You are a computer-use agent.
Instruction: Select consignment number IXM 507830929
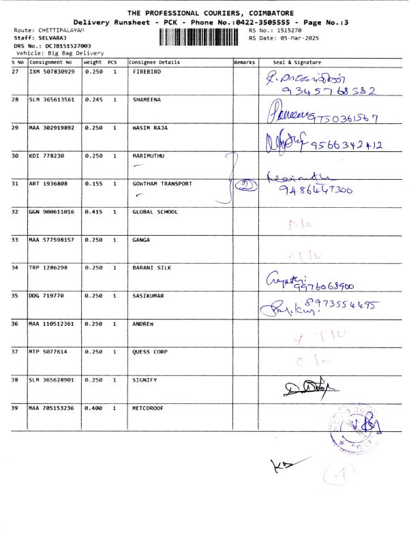pos(51,72)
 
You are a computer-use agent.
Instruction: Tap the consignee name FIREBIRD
pos(147,72)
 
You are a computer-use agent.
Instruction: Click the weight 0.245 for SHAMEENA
pos(93,99)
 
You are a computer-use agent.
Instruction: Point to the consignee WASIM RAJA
pos(151,127)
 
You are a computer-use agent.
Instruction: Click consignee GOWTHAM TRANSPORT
pos(162,184)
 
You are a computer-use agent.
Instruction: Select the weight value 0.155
pos(93,184)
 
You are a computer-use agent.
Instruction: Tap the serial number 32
pos(16,212)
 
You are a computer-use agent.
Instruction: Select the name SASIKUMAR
pos(149,296)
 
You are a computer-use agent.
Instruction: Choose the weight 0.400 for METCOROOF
pos(93,407)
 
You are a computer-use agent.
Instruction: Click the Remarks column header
pos(245,62)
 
